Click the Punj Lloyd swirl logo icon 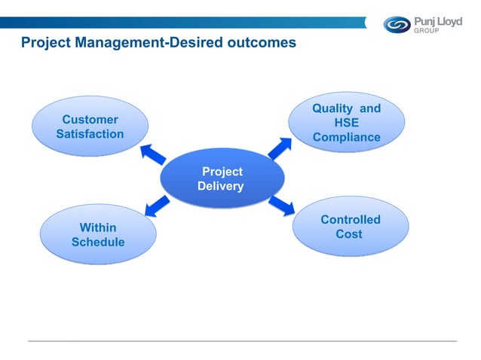coord(397,24)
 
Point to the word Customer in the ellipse coord(90,120)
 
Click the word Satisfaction coord(90,134)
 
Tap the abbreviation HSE coord(347,123)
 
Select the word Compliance coord(347,137)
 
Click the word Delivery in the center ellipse coord(220,186)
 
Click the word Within coord(98,227)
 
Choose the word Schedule coord(98,242)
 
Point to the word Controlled coord(351,220)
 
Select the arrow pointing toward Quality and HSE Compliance coord(280,148)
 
